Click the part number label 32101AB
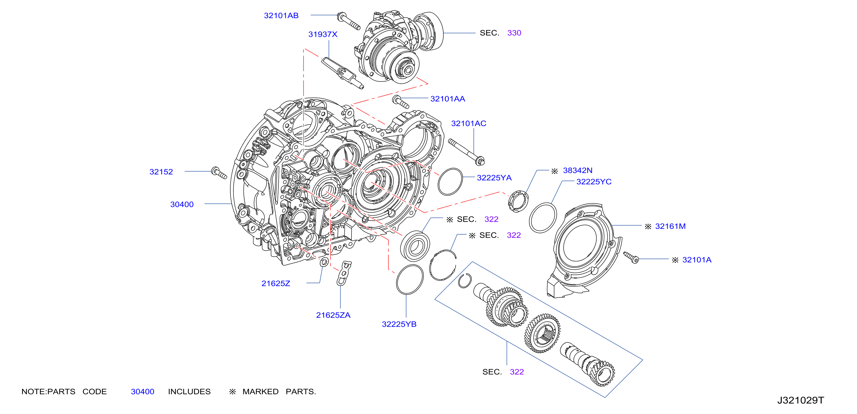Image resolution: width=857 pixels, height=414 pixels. point(281,16)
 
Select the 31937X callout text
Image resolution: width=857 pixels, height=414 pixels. point(323,34)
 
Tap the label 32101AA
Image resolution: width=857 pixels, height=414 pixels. point(447,99)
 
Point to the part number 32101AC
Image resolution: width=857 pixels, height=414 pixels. point(468,123)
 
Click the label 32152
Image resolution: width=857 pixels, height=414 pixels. point(161,172)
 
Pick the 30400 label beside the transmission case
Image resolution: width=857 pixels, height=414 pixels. point(182,204)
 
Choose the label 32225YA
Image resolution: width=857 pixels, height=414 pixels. point(494,178)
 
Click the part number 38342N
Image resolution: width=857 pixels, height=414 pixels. point(578,170)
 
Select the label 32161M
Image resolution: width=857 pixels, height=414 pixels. point(670,227)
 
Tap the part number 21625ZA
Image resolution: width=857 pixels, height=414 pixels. point(333,315)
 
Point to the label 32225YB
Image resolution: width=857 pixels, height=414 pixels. point(399,324)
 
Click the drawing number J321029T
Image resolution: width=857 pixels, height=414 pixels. point(800,400)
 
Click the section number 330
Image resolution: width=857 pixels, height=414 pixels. point(514,33)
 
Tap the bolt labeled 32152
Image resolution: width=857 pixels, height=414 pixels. point(219,173)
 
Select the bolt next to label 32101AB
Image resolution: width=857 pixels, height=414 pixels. point(348,21)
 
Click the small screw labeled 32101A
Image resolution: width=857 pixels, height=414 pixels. point(631,257)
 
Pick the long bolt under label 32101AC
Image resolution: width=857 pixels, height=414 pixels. point(466,152)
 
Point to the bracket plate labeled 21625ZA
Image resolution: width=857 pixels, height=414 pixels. point(344,273)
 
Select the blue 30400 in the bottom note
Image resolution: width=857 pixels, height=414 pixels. point(142,392)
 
